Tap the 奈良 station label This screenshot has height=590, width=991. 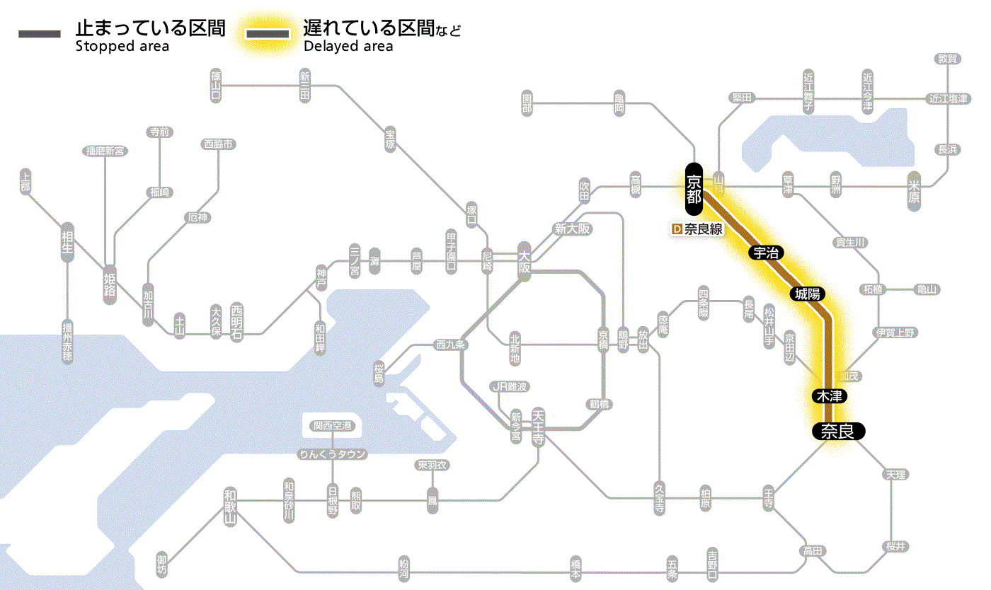pos(837,431)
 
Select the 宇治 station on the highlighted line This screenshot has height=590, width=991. pos(765,253)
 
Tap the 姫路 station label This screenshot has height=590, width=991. pos(110,284)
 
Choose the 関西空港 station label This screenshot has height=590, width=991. pos(332,426)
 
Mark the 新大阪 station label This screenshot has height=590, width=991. pos(572,229)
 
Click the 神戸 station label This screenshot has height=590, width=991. pos(321,278)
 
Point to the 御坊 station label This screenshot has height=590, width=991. pos(162,565)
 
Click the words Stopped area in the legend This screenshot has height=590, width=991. pos(122,47)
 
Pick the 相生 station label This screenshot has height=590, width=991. pos(67,243)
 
